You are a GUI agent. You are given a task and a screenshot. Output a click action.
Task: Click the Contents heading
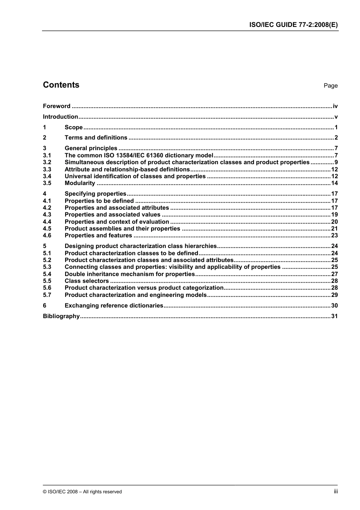[x=61, y=85]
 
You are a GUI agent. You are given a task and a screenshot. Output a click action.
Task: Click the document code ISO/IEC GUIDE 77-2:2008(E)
[x=293, y=25]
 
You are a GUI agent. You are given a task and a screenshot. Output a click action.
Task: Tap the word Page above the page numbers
[x=330, y=86]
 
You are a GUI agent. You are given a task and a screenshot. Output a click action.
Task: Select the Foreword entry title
[x=56, y=106]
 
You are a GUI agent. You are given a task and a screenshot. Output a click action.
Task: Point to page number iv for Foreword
[x=335, y=106]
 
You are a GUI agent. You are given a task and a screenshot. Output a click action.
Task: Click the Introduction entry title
[x=60, y=117]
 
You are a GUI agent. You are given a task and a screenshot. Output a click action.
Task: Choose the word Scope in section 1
[x=74, y=127]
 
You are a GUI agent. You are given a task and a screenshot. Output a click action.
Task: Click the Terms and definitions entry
[x=96, y=138]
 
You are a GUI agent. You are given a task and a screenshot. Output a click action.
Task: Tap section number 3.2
[x=47, y=162]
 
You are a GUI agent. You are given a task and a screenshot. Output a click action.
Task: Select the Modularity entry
[x=80, y=183]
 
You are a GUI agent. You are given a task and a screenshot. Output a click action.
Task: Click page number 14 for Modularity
[x=334, y=183]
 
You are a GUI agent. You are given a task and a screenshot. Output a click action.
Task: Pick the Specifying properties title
[x=95, y=194]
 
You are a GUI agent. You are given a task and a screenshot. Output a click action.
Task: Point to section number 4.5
[x=47, y=229]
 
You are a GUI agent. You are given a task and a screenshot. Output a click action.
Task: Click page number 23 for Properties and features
[x=334, y=235]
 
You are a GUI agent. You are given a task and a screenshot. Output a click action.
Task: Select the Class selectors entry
[x=87, y=281]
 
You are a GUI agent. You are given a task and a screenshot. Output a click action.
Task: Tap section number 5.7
[x=47, y=295]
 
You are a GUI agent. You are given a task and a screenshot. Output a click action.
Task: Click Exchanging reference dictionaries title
[x=114, y=306]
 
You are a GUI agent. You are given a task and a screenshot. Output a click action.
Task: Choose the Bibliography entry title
[x=61, y=316]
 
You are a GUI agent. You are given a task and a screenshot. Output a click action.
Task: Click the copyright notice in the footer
[x=82, y=492]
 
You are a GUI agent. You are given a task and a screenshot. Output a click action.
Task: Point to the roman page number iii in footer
[x=336, y=491]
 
